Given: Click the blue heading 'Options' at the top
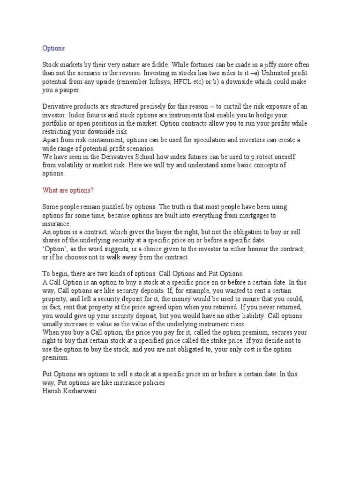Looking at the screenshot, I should (x=53, y=48).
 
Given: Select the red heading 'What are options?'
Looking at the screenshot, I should (x=68, y=190).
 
